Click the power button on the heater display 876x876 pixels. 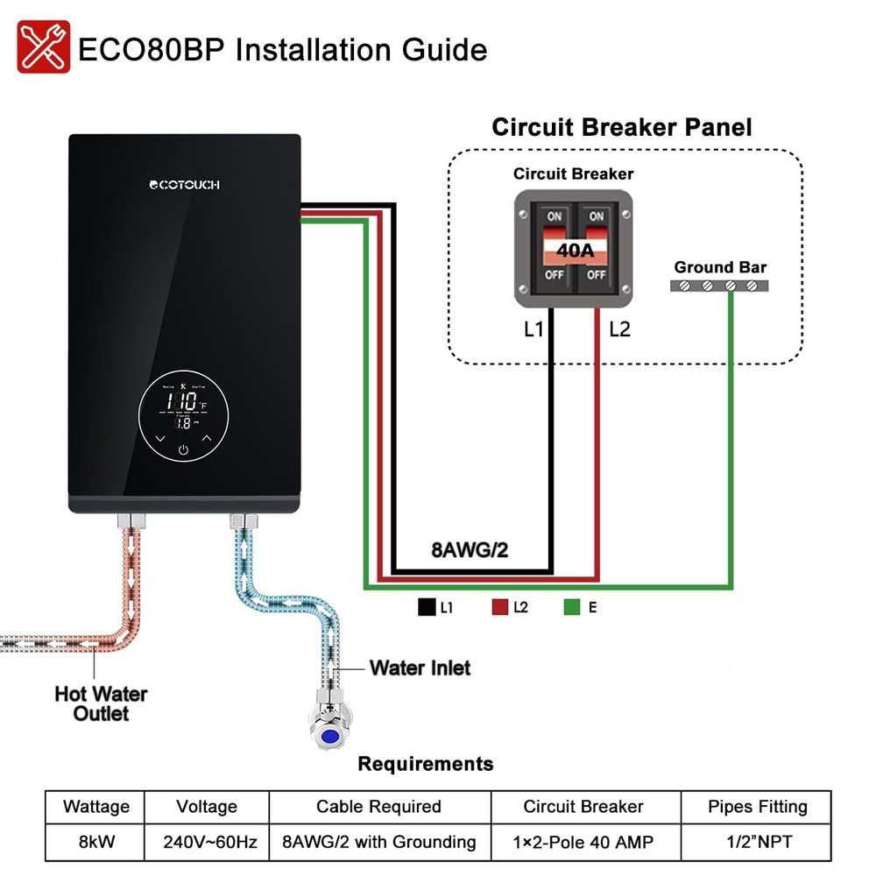point(183,450)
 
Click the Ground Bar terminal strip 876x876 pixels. point(719,286)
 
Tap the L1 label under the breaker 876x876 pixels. point(534,329)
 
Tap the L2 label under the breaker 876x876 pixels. point(618,329)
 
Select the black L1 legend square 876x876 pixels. point(427,606)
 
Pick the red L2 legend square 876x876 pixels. point(500,606)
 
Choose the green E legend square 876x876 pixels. point(573,606)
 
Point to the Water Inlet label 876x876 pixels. point(420,668)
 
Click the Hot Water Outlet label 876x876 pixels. point(101,704)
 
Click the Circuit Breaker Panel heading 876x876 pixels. point(621,127)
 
